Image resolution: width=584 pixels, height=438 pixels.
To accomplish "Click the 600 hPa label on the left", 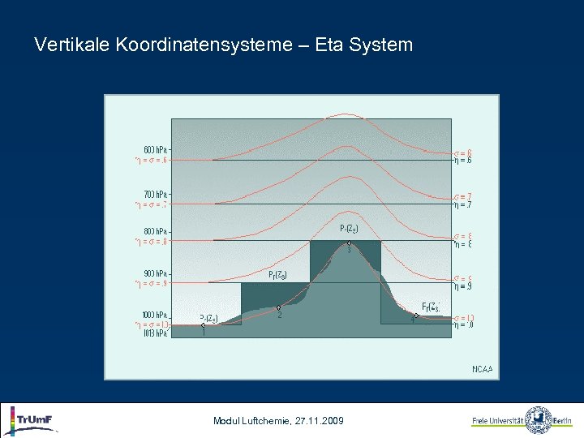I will pos(155,150).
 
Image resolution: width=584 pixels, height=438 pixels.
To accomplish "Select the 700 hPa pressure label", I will pos(155,195).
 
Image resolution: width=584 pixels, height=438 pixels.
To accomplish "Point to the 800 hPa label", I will pos(155,231).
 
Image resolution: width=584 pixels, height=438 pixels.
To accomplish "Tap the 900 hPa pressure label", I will pos(155,273).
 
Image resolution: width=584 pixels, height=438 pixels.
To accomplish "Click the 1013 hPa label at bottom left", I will pos(155,333).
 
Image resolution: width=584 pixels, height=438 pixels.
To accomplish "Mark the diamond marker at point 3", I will pos(349,243).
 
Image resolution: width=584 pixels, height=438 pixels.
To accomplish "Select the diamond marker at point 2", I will pos(279,307).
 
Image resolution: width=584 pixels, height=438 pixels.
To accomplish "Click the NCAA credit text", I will pos(482,369).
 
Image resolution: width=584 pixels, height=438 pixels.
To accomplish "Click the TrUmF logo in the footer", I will pos(32,420).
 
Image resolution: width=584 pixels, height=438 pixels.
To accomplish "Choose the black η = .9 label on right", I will pos(462,286).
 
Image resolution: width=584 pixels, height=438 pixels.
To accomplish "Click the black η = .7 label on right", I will pos(462,204).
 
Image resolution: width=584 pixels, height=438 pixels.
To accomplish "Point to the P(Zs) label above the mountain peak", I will pos(348,228).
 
